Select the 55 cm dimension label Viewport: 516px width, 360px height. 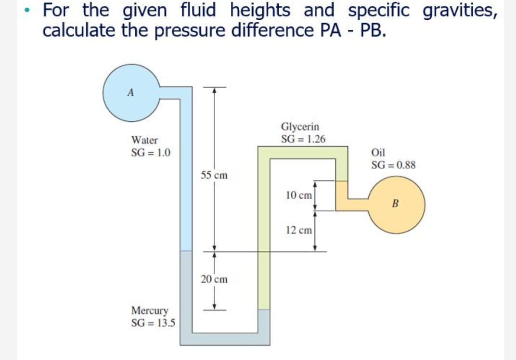coord(214,175)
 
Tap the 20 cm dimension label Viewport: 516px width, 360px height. coord(214,279)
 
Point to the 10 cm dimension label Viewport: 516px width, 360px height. coord(299,195)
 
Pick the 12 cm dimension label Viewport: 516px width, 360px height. coord(299,230)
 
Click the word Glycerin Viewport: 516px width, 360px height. coord(299,127)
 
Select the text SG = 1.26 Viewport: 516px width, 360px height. coord(303,139)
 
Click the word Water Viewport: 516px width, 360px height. coord(144,141)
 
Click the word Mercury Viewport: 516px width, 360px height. coord(150,310)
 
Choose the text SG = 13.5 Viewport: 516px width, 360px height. coord(153,322)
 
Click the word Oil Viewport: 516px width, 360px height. coord(378,153)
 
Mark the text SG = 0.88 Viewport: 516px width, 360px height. coord(393,165)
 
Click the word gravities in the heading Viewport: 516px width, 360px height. coord(460,11)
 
